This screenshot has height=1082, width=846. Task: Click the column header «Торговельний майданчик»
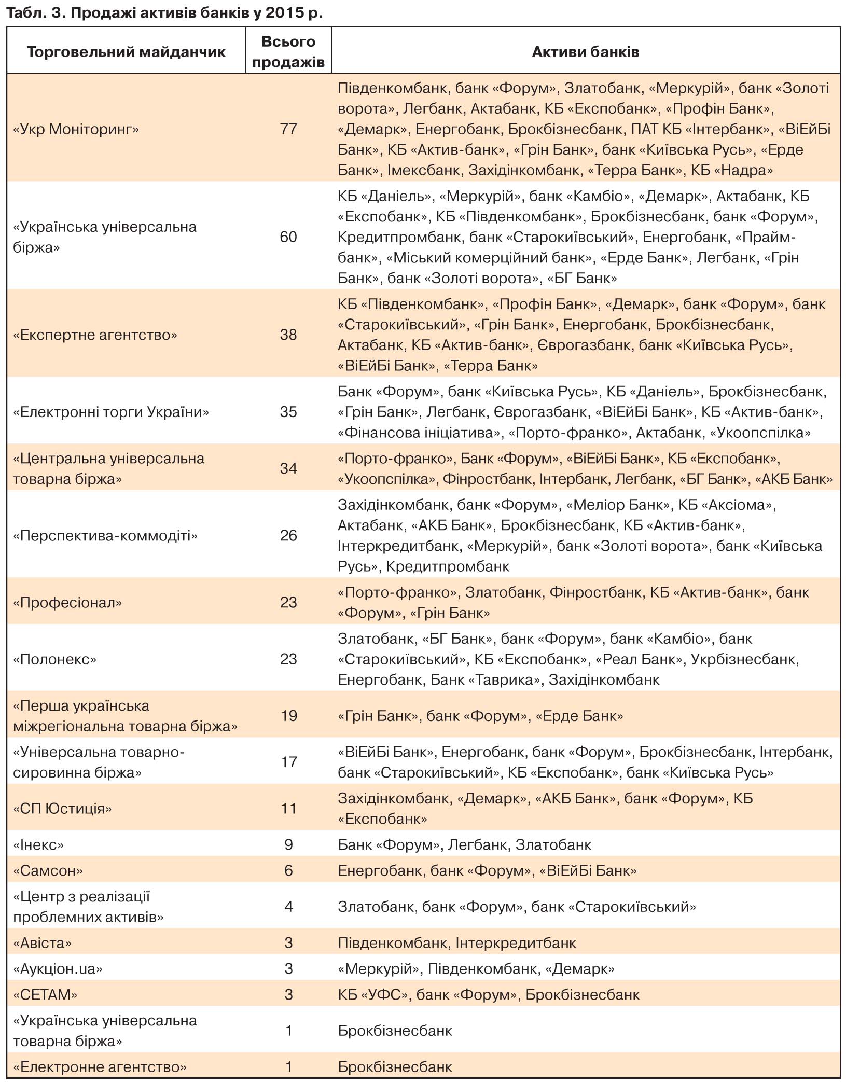(x=126, y=52)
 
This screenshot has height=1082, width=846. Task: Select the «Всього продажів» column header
(x=288, y=52)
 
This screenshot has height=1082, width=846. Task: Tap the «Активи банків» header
(x=585, y=52)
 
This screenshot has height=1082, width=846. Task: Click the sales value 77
(x=288, y=129)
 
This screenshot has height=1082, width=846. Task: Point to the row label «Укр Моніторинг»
(x=76, y=129)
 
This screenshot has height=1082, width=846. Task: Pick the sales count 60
(x=288, y=237)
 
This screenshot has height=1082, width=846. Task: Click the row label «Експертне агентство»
(x=95, y=335)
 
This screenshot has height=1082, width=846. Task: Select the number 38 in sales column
(x=288, y=335)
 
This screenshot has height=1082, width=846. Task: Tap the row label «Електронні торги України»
(x=111, y=412)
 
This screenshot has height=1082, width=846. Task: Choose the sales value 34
(x=288, y=468)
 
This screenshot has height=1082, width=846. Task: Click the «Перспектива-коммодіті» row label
(x=105, y=535)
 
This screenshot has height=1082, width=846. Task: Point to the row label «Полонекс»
(x=55, y=659)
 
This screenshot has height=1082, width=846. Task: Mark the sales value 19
(x=288, y=716)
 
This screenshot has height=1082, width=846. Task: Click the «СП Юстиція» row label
(x=62, y=809)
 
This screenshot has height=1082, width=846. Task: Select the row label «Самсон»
(x=48, y=870)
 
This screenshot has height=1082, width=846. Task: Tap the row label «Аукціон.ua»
(x=58, y=968)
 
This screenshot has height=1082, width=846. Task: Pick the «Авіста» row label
(x=42, y=942)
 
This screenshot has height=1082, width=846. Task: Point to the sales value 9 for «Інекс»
(x=288, y=845)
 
